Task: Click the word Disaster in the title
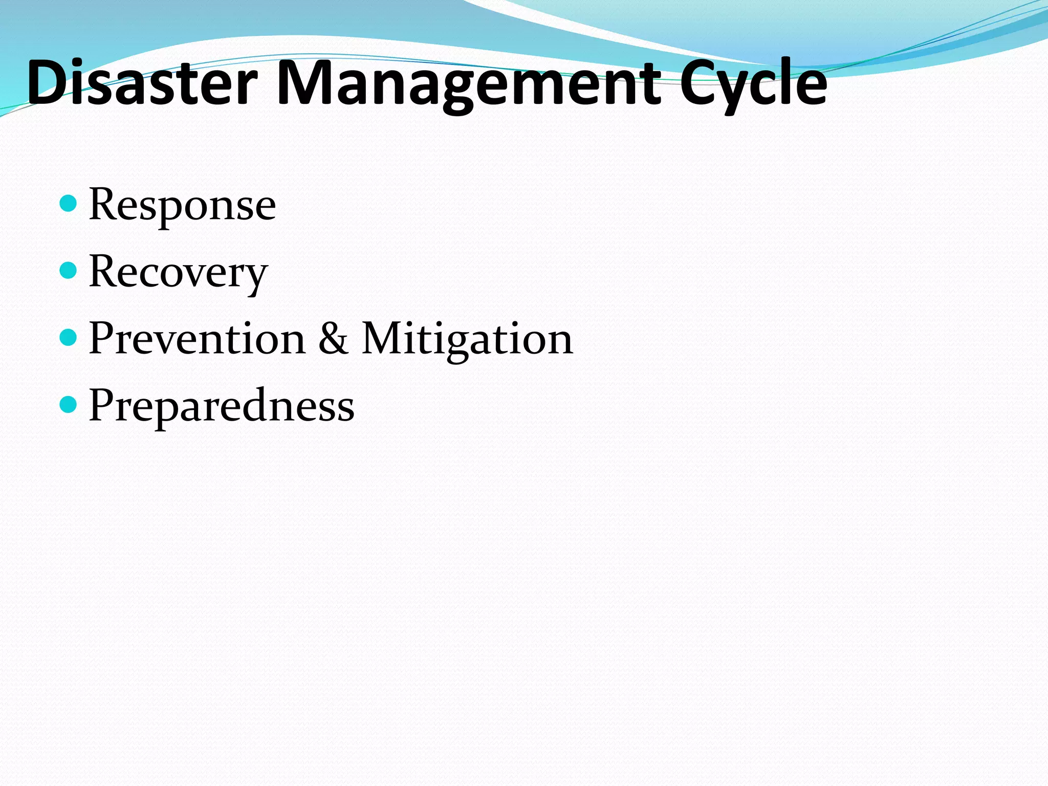pos(142,83)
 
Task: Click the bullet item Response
pos(182,205)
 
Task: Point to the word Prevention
pos(197,339)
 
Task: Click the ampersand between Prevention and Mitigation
pos(333,339)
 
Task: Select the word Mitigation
pos(467,339)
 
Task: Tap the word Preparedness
pos(222,406)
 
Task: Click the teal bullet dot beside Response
pos(68,204)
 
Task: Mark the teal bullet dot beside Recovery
pos(68,270)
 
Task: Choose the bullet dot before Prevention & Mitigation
pos(68,337)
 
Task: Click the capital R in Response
pos(104,205)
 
